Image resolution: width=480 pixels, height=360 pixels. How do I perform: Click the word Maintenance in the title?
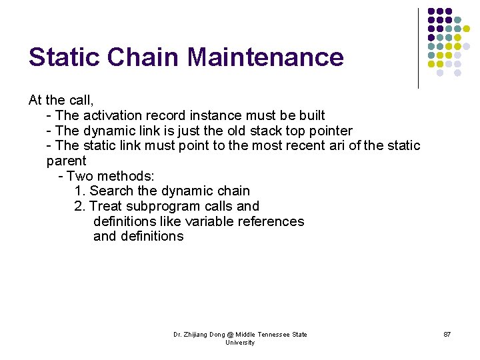(265, 57)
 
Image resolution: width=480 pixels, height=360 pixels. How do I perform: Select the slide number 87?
(447, 334)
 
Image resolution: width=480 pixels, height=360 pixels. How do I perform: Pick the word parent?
(66, 161)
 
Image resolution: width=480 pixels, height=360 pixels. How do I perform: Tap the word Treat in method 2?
(105, 207)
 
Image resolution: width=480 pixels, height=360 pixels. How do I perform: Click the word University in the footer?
(240, 343)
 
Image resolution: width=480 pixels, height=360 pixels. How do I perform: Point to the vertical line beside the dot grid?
(418, 48)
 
